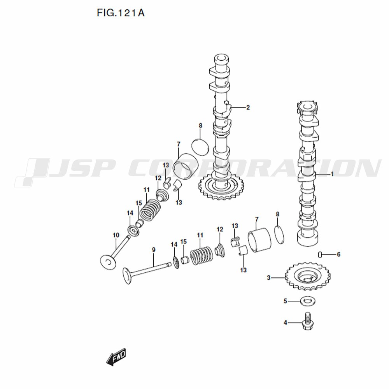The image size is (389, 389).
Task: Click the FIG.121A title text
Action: click(121, 13)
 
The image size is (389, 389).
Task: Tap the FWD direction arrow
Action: click(116, 357)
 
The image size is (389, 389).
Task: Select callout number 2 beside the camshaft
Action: click(247, 107)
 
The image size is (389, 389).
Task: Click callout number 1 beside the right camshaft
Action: click(332, 174)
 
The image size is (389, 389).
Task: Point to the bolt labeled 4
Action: click(307, 321)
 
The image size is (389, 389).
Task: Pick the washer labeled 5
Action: click(308, 301)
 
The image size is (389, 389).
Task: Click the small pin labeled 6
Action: click(320, 254)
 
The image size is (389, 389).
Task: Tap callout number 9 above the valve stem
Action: click(154, 250)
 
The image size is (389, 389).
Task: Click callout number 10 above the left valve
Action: click(116, 235)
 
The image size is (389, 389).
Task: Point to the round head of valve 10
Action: click(108, 262)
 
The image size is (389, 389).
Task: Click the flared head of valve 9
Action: click(127, 275)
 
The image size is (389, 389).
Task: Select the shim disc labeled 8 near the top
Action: click(200, 147)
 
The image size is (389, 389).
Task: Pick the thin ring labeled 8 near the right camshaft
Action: click(280, 235)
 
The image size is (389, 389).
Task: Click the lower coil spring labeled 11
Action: click(202, 255)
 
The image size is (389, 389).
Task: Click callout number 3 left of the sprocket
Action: click(268, 278)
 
